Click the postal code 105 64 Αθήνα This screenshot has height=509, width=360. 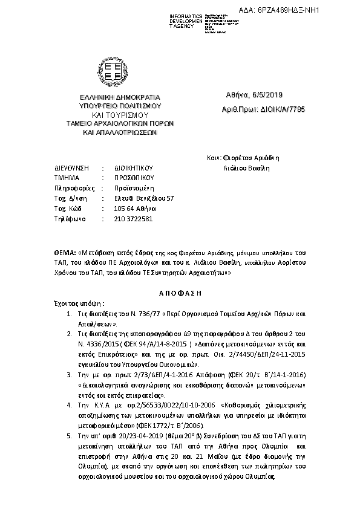(133, 208)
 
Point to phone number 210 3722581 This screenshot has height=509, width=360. (133, 218)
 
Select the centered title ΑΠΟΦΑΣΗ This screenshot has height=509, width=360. (179, 291)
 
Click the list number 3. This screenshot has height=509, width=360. (70, 358)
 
